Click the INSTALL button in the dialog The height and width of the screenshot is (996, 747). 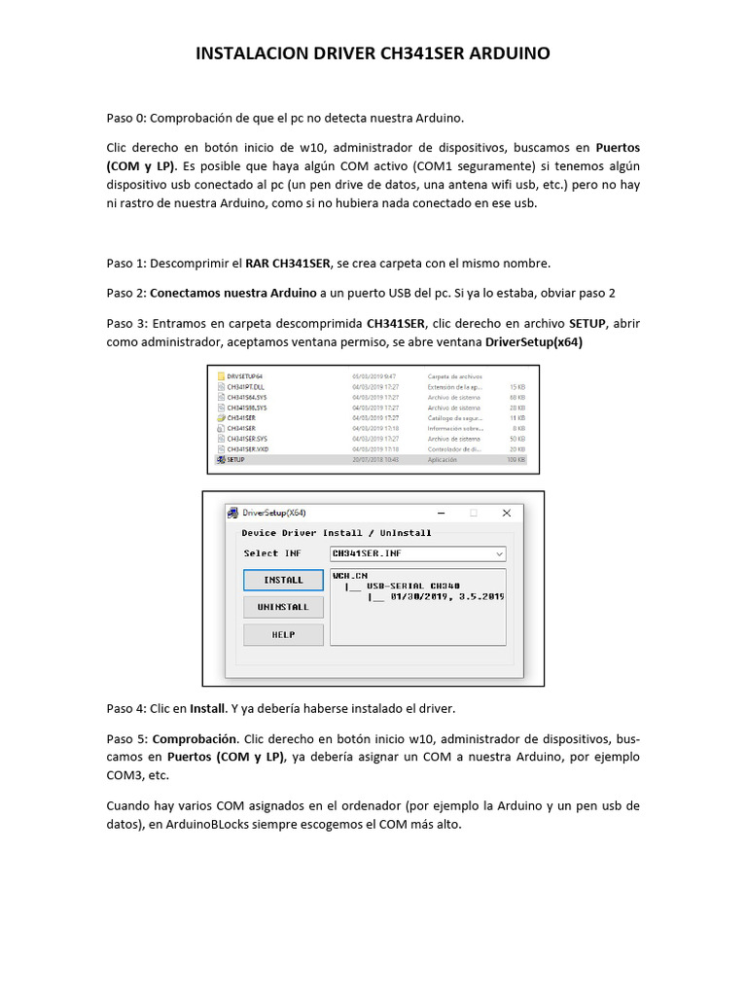tap(283, 580)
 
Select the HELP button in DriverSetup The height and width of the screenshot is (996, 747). tap(283, 634)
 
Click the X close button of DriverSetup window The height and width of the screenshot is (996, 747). tap(507, 513)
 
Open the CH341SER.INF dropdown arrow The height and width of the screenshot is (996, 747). tap(500, 553)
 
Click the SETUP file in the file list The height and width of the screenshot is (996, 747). tap(235, 459)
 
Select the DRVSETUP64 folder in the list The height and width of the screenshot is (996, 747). tap(244, 375)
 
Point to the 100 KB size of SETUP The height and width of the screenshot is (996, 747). tap(516, 459)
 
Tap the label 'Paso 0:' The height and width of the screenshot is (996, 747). tap(125, 119)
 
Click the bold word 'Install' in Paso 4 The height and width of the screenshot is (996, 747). tap(207, 707)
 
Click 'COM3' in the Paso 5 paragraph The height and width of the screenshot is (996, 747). tap(127, 775)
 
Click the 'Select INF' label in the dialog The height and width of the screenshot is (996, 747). tap(272, 553)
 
